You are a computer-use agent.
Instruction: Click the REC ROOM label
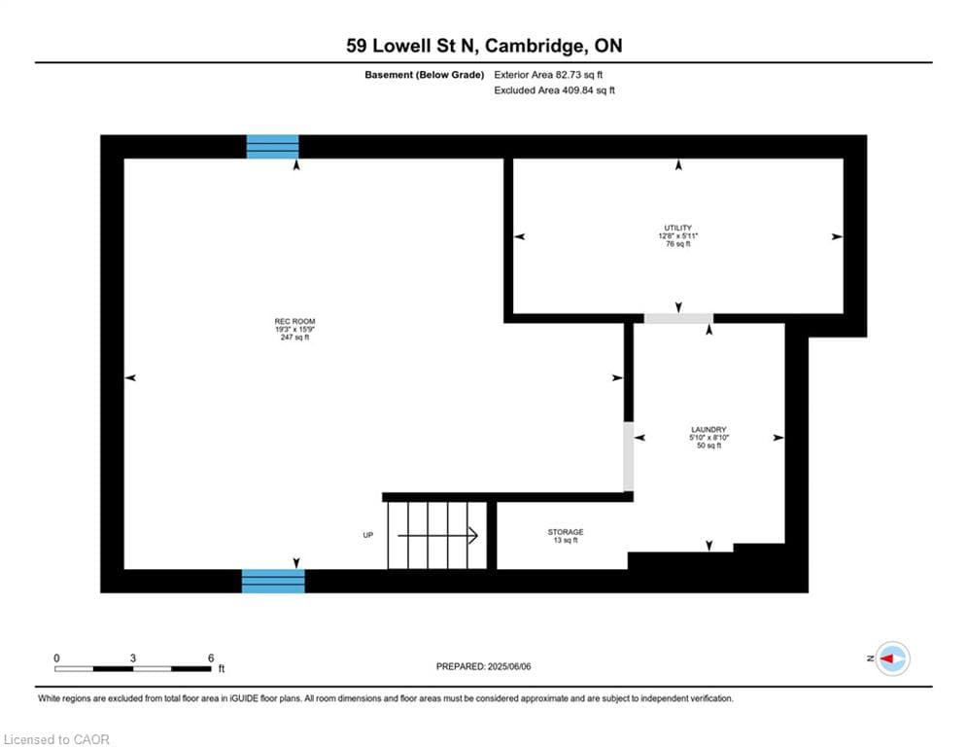[x=294, y=322]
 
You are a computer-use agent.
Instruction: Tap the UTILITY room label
[x=677, y=229]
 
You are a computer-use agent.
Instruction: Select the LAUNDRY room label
[x=708, y=430]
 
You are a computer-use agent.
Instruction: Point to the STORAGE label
[x=565, y=532]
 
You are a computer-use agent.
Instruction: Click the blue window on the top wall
[x=272, y=147]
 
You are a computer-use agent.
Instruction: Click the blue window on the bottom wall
[x=273, y=581]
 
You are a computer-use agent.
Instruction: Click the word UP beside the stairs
[x=368, y=535]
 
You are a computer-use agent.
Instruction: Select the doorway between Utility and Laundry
[x=678, y=318]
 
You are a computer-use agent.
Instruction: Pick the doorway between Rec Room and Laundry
[x=628, y=456]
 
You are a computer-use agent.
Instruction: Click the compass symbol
[x=891, y=658]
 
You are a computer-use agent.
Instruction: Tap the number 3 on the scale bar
[x=133, y=658]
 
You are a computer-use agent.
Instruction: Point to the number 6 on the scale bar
[x=211, y=658]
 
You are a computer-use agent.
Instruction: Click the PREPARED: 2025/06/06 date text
[x=484, y=666]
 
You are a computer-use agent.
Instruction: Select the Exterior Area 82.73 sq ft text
[x=555, y=74]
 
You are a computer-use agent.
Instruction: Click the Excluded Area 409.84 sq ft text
[x=555, y=90]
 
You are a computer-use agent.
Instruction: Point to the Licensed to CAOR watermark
[x=57, y=739]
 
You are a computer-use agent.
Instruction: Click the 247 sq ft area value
[x=294, y=338]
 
